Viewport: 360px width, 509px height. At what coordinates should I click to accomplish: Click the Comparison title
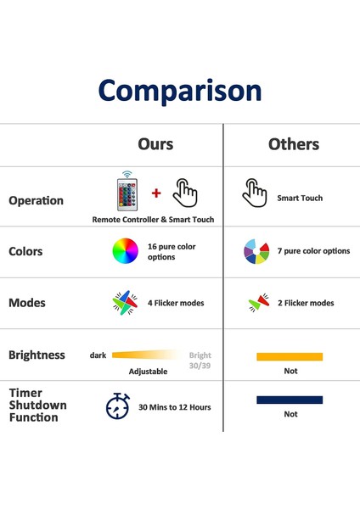[180, 92]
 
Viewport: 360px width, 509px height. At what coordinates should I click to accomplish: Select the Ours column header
[155, 144]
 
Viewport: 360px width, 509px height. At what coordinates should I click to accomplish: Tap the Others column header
[294, 144]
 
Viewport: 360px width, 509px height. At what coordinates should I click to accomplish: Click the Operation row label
[36, 200]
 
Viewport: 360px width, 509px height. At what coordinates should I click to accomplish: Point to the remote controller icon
[127, 191]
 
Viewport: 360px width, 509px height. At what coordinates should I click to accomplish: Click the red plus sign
[156, 193]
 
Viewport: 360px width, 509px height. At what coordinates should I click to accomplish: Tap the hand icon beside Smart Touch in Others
[255, 193]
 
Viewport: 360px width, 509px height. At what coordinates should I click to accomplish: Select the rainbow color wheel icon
[125, 250]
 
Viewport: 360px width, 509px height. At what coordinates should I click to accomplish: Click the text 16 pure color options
[172, 252]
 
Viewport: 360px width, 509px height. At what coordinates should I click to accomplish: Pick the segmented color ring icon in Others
[256, 251]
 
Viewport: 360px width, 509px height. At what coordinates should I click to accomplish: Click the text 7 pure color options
[313, 251]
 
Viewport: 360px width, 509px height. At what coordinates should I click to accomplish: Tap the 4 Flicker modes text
[176, 303]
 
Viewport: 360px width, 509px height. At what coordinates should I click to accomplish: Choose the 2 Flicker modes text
[306, 303]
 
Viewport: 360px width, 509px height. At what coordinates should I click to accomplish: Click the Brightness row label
[37, 355]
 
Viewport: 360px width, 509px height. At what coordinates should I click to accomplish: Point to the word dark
[98, 355]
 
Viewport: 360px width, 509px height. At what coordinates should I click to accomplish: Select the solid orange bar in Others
[290, 356]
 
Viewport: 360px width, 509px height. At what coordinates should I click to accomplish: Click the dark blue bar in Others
[290, 400]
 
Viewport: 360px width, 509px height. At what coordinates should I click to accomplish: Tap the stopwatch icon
[118, 406]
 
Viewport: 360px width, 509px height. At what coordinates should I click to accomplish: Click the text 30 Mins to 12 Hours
[174, 407]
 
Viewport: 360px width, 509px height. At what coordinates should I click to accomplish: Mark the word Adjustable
[148, 372]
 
